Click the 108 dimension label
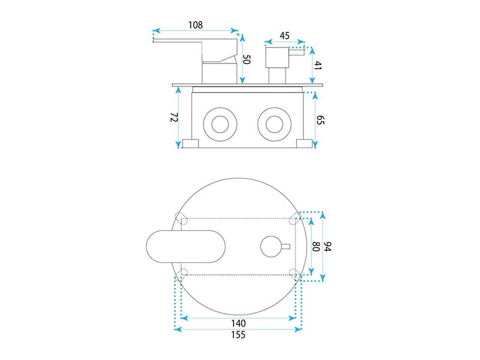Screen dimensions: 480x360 196,25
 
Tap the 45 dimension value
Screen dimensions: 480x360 284,35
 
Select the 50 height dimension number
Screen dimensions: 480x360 247,59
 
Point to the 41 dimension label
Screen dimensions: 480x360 319,65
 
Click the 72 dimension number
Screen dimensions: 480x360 174,117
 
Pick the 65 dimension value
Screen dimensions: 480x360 320,120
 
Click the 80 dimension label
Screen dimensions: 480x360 316,247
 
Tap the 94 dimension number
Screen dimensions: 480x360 328,247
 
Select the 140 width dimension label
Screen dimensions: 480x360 238,323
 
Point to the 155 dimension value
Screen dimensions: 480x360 238,335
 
